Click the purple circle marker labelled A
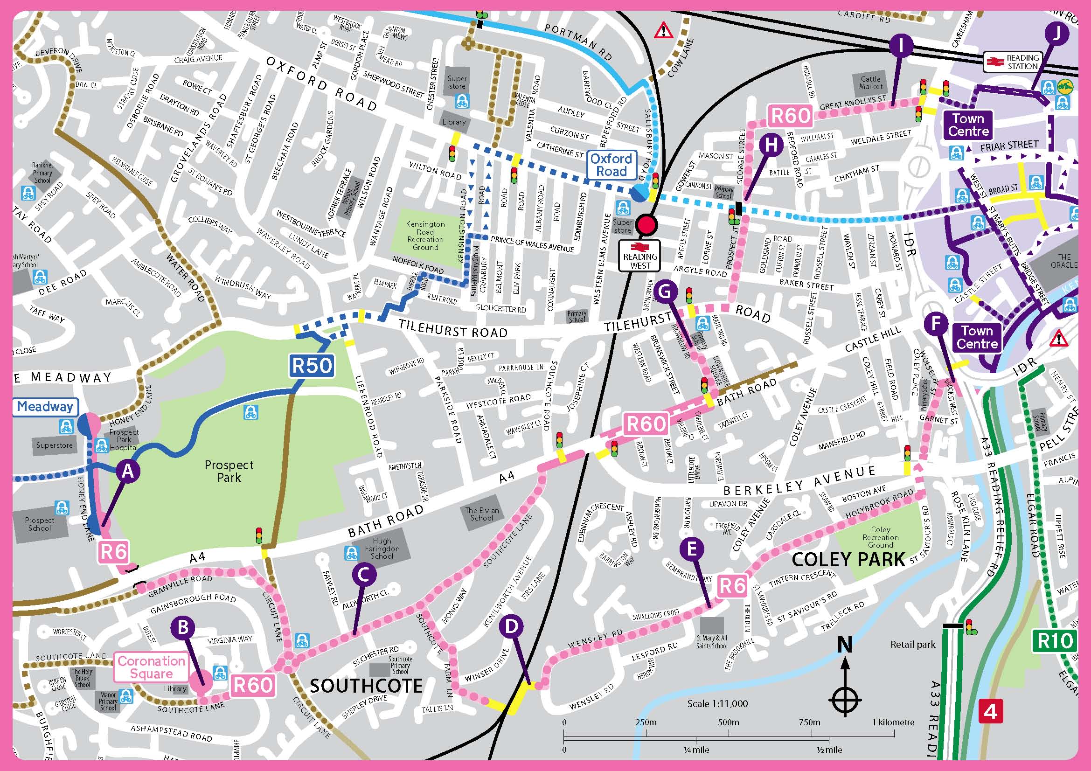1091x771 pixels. tap(128, 471)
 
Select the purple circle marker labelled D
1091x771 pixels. tap(511, 626)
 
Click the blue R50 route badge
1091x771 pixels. tap(312, 366)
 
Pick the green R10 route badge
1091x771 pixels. tap(1055, 641)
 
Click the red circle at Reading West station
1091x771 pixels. tap(646, 225)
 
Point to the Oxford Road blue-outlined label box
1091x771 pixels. tap(612, 165)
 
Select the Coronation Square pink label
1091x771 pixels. tap(151, 667)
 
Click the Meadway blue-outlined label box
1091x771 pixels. tap(45, 407)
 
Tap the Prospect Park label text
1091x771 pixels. tap(229, 471)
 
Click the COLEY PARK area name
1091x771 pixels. tap(848, 559)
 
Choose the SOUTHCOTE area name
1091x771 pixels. tap(366, 686)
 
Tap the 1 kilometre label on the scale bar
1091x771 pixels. tap(893, 722)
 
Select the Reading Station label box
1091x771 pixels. tap(1012, 62)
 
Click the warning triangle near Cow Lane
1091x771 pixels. tap(663, 31)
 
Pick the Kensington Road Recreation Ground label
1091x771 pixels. tap(425, 236)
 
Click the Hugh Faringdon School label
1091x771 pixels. tap(382, 548)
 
